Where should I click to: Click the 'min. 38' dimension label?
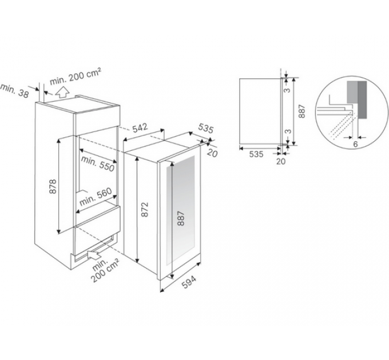[14, 91]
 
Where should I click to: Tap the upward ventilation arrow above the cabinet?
[62, 93]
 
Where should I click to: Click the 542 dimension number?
[140, 128]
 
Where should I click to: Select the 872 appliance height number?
[145, 210]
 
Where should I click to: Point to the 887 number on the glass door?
[181, 218]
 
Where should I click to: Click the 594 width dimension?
[189, 282]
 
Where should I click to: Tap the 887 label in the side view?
[301, 111]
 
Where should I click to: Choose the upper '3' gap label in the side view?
[287, 90]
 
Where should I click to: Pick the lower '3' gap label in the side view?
[288, 131]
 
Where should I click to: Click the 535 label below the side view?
[256, 154]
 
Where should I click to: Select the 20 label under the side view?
[281, 161]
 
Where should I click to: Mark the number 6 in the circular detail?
[355, 144]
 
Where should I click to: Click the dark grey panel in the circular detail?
[362, 100]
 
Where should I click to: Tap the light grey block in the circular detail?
[352, 91]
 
